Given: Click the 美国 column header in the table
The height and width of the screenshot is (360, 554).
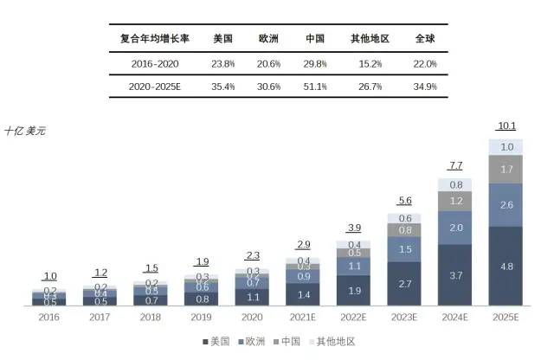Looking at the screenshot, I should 224,38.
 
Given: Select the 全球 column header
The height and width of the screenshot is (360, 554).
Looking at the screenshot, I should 425,38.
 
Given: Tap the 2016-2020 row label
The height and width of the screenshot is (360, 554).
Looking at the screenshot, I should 154,63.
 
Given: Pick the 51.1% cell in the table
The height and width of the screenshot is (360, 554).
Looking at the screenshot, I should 315,87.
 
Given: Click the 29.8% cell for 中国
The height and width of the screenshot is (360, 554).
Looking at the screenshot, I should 315,63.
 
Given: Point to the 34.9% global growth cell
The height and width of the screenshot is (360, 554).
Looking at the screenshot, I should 425,87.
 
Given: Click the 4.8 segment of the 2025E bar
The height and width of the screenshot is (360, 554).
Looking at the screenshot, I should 506,267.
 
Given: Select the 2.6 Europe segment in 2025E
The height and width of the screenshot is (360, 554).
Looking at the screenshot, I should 506,205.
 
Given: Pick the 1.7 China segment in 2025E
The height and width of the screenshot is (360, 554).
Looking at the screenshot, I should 506,169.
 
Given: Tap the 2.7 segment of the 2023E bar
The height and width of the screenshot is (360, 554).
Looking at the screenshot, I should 405,284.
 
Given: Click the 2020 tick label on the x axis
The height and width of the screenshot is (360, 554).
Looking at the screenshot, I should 253,318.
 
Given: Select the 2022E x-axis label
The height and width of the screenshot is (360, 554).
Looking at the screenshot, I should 354,318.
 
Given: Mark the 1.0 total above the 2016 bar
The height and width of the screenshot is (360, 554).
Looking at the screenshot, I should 50,276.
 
